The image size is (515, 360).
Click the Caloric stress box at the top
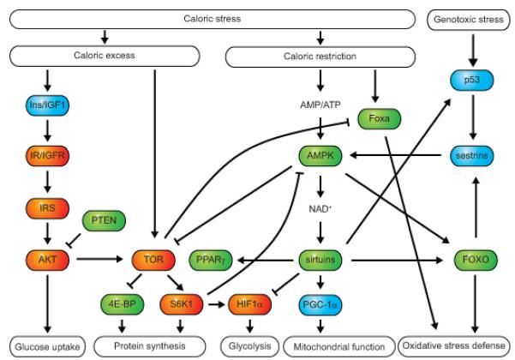[x=209, y=17]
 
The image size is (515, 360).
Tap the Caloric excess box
[x=81, y=56]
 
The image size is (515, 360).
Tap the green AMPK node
[x=319, y=157]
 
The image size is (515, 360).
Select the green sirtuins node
[x=319, y=256]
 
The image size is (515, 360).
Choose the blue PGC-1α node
[x=319, y=303]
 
